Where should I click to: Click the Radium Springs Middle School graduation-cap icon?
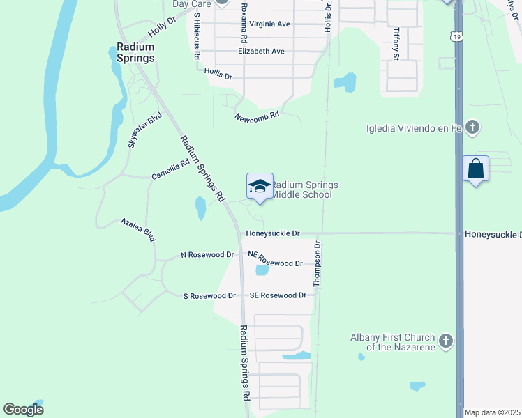point(260,186)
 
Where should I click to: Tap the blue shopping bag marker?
point(475,169)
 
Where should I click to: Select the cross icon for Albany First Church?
point(446,341)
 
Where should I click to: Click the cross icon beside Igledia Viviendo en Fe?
point(472,127)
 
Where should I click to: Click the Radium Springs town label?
point(135,53)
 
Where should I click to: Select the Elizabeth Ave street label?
point(261,52)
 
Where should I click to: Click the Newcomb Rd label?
point(257,116)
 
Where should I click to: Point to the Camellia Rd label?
point(170,171)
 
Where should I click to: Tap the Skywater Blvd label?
point(144,130)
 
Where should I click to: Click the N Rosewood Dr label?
point(207,255)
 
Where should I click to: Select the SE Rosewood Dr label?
point(278,295)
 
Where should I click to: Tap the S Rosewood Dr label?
point(208,296)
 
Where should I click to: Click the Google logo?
point(24,410)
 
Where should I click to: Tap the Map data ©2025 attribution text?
point(492,412)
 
